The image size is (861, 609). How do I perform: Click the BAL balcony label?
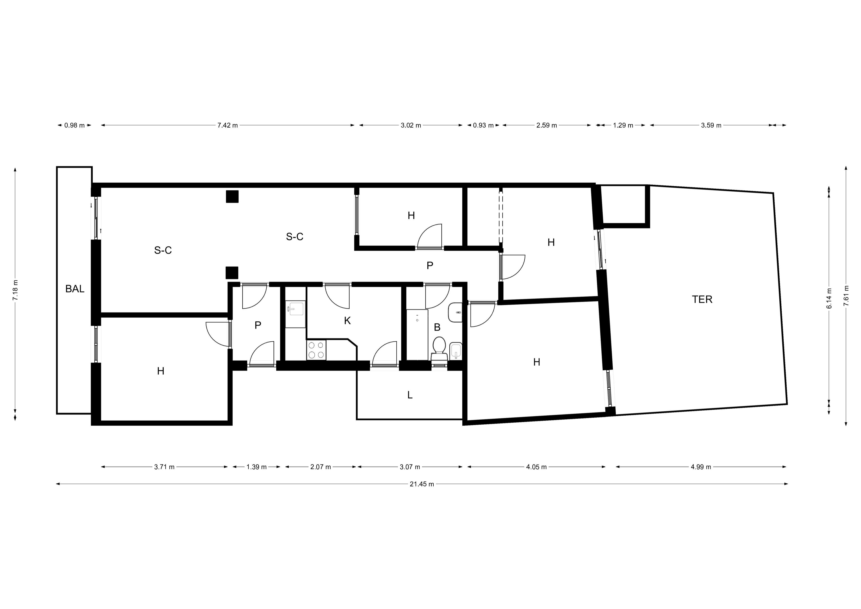coord(75,289)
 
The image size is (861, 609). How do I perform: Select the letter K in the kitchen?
coord(347,321)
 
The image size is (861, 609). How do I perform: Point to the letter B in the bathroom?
coord(437,327)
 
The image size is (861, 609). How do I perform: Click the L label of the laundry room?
coord(410,395)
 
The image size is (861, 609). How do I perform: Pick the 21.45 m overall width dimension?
coord(422,484)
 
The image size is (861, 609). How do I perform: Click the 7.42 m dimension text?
coord(228,125)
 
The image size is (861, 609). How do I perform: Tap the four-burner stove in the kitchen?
coord(316,350)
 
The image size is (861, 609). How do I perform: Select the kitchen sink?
coord(296,309)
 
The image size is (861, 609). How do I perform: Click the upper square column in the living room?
coord(232,197)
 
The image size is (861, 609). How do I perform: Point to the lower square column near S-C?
coord(232,273)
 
